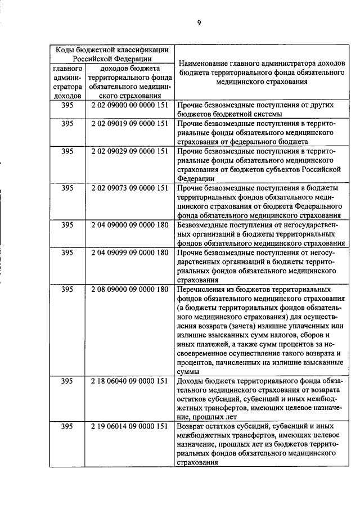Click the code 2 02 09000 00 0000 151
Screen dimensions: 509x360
(130, 105)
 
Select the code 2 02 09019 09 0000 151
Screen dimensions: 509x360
(130, 123)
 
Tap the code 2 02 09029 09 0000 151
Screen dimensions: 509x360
(130, 151)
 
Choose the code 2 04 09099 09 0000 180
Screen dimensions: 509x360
(130, 253)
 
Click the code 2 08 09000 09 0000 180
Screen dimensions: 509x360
(130, 289)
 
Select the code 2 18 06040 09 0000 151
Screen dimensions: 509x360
(130, 381)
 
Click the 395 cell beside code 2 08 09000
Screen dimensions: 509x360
(67, 289)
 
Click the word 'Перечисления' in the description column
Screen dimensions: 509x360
(201, 289)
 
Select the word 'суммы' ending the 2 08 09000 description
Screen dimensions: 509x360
(188, 372)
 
